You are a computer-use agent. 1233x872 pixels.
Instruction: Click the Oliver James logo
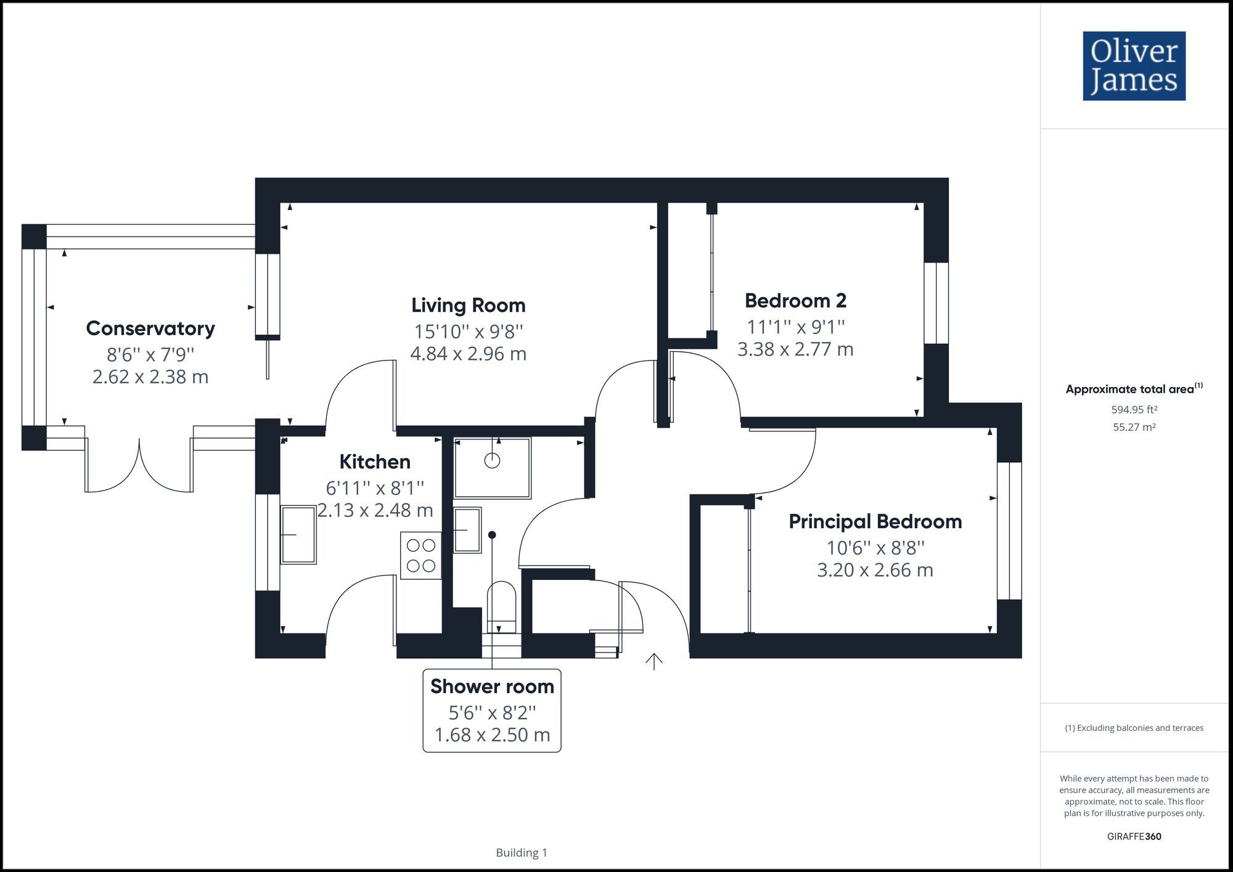coord(1134,66)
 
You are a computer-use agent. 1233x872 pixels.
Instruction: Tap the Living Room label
coord(468,305)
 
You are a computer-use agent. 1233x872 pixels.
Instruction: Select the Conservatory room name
coord(150,328)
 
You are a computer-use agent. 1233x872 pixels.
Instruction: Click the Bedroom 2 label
coord(795,301)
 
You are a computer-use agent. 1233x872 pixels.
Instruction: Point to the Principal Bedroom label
coord(875,521)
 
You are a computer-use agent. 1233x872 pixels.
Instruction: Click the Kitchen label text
coord(375,462)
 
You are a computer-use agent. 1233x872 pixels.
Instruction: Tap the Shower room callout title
coord(492,686)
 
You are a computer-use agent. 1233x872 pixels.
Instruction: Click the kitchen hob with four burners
coord(421,555)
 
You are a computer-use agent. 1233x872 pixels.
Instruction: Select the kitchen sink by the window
coord(298,534)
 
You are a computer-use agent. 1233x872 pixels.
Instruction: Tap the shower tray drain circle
coord(492,460)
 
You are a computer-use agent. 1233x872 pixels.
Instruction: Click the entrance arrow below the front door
coord(653,661)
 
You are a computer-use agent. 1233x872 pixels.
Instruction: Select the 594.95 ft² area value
coord(1134,409)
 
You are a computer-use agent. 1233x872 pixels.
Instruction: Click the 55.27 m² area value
coord(1134,427)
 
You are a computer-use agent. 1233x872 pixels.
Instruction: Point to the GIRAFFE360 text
coord(1134,836)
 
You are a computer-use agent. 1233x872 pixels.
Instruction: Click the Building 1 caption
coord(522,852)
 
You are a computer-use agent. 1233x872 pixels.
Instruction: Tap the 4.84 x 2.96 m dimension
coord(468,354)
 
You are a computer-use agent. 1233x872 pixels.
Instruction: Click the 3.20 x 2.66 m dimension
coord(875,569)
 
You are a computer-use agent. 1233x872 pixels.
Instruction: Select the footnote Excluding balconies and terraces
coord(1134,728)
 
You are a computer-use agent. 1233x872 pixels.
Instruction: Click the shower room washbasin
coord(467,530)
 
